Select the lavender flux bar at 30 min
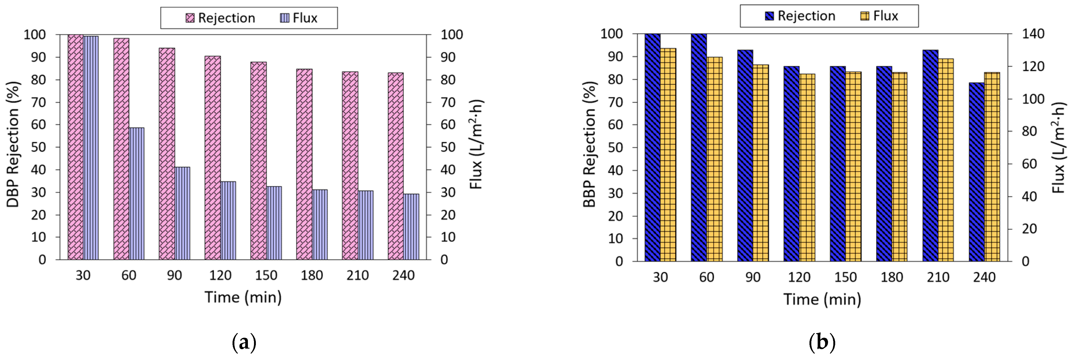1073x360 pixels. click(91, 148)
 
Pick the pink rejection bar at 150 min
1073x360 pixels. click(258, 161)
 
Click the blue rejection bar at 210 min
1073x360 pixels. click(930, 155)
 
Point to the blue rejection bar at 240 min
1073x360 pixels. click(976, 172)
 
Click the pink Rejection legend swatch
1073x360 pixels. click(190, 18)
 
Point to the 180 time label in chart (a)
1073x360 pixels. click(312, 275)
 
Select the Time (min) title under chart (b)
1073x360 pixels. click(822, 299)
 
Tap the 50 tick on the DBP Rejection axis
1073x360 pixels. click(38, 147)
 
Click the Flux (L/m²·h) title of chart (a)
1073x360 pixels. click(476, 144)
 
